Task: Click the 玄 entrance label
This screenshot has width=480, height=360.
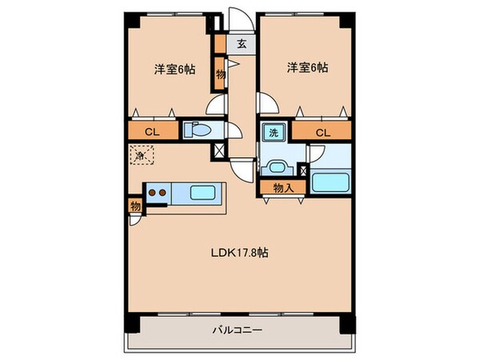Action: click(240, 43)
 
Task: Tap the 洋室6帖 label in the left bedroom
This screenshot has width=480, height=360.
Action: click(174, 70)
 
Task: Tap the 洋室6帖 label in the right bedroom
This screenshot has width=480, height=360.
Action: click(306, 70)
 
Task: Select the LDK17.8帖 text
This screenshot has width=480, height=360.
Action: click(240, 252)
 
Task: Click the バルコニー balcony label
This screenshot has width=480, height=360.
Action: click(240, 330)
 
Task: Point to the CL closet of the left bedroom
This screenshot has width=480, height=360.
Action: click(150, 132)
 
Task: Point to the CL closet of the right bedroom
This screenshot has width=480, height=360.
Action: click(322, 132)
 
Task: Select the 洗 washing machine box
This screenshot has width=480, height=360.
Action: click(274, 133)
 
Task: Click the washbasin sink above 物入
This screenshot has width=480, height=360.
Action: click(278, 167)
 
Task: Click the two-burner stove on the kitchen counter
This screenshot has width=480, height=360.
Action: click(157, 193)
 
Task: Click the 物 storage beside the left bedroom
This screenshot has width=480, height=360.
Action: click(220, 73)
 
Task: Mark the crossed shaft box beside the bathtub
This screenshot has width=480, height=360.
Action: click(302, 170)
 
